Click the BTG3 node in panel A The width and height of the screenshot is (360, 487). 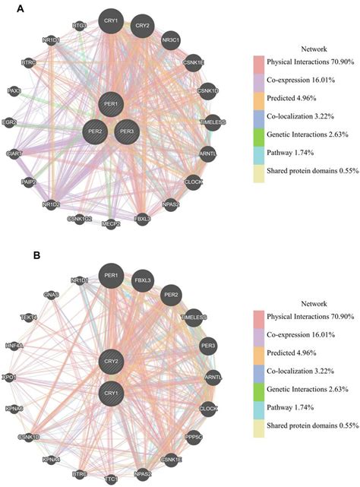tap(80, 25)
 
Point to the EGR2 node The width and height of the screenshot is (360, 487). tap(9, 122)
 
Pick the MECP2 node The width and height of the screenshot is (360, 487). tap(111, 224)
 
